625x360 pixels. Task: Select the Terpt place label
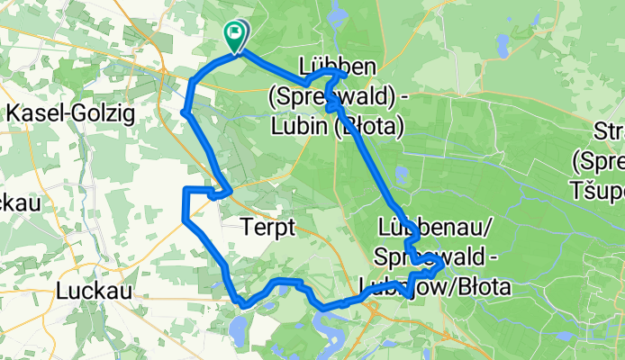tap(268, 229)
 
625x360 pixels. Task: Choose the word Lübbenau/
tap(422, 225)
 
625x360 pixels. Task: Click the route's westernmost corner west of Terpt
tap(184, 217)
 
